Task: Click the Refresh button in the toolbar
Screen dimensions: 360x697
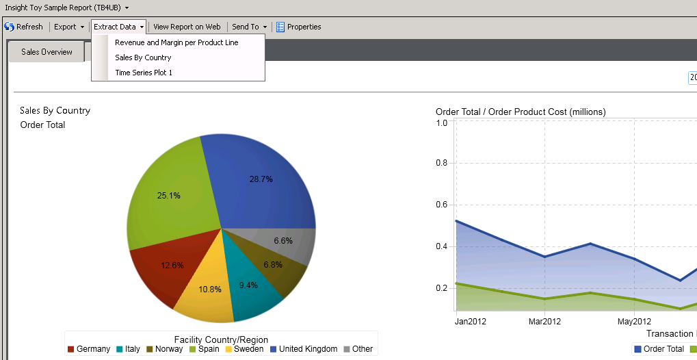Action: [24, 27]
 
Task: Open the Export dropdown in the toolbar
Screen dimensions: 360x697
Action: [69, 27]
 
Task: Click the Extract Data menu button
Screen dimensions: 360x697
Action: [118, 27]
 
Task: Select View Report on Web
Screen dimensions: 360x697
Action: [187, 27]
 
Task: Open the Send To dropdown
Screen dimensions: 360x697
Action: [249, 27]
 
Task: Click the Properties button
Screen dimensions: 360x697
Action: [298, 27]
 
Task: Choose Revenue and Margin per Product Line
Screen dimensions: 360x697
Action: [176, 42]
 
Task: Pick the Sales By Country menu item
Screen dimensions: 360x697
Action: [143, 57]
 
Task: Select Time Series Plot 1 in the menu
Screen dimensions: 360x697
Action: [144, 73]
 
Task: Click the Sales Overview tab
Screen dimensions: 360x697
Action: [47, 52]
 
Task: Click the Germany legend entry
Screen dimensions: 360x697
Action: [89, 349]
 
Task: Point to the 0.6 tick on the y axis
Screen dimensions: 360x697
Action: [441, 205]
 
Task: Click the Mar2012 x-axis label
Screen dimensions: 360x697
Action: [544, 322]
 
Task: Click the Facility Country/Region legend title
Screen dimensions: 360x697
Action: [221, 339]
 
